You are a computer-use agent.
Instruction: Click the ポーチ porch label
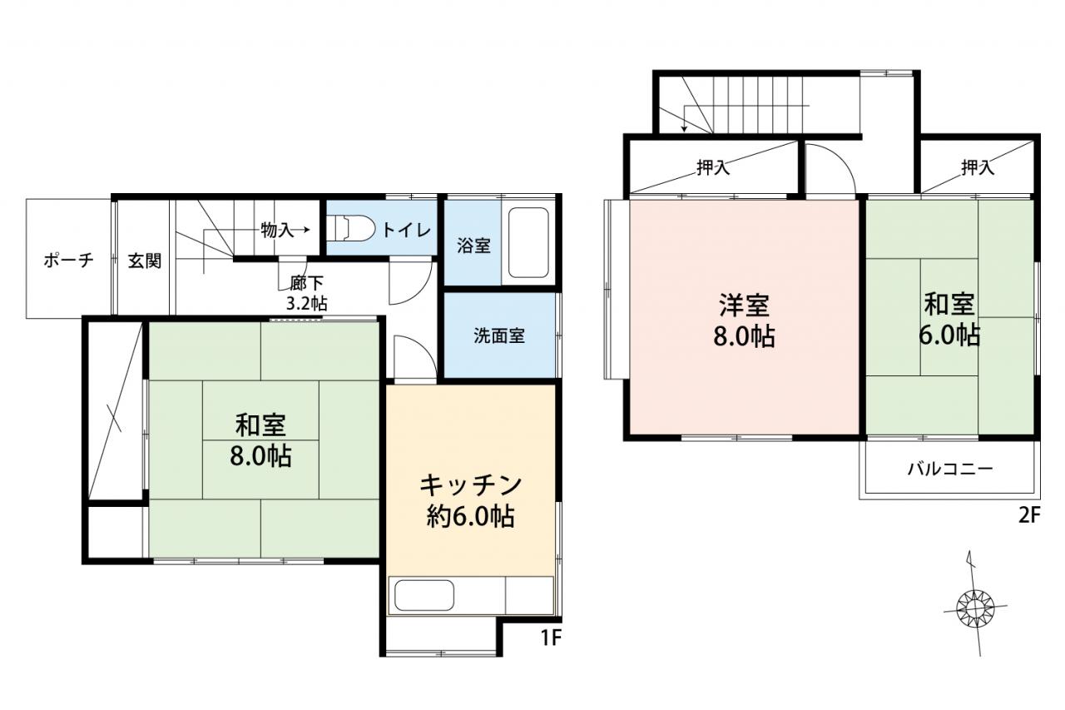68,261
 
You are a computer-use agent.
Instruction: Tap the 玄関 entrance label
145,261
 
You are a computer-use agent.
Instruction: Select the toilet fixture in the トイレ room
350,229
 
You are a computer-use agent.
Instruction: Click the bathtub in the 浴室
528,242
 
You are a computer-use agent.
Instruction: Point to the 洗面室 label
499,335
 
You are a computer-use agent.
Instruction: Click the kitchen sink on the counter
424,595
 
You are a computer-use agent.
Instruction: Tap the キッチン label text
471,485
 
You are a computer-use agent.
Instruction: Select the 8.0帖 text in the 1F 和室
260,455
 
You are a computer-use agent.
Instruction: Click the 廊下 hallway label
307,284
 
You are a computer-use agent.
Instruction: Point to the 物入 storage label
277,231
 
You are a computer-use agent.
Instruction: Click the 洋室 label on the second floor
744,305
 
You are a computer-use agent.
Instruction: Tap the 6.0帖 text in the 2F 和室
949,335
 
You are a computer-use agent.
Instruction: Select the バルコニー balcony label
950,469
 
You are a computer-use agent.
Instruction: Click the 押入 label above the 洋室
713,167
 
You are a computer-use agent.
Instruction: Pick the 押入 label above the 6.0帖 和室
978,167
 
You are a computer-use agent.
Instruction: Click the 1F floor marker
552,638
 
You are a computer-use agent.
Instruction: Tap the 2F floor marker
1029,515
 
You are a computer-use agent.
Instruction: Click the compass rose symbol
975,608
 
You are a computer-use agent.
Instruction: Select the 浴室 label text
473,246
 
